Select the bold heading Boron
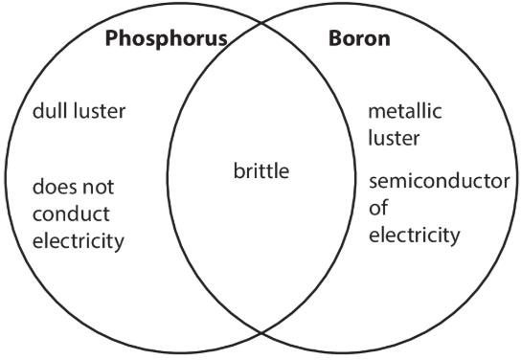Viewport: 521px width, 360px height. [x=359, y=38]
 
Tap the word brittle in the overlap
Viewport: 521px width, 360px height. [x=261, y=171]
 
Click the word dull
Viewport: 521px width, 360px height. [x=50, y=110]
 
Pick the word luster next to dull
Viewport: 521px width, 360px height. [x=100, y=110]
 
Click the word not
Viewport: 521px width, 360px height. [x=98, y=188]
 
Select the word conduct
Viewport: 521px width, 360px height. [x=71, y=214]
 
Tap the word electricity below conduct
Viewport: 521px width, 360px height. [x=79, y=241]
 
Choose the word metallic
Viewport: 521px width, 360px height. [x=405, y=110]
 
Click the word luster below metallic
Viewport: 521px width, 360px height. [x=395, y=138]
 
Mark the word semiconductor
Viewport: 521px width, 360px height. [x=440, y=181]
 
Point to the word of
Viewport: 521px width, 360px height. [x=378, y=208]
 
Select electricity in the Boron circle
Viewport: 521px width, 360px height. [x=415, y=236]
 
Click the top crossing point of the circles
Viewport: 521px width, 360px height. [x=261, y=23]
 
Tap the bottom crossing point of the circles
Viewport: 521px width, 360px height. [x=261, y=332]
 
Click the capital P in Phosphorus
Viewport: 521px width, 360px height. [x=112, y=38]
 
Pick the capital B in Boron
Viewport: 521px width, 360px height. [x=336, y=38]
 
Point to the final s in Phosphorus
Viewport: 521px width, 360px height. [x=222, y=40]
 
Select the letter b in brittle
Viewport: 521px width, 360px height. [x=238, y=170]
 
